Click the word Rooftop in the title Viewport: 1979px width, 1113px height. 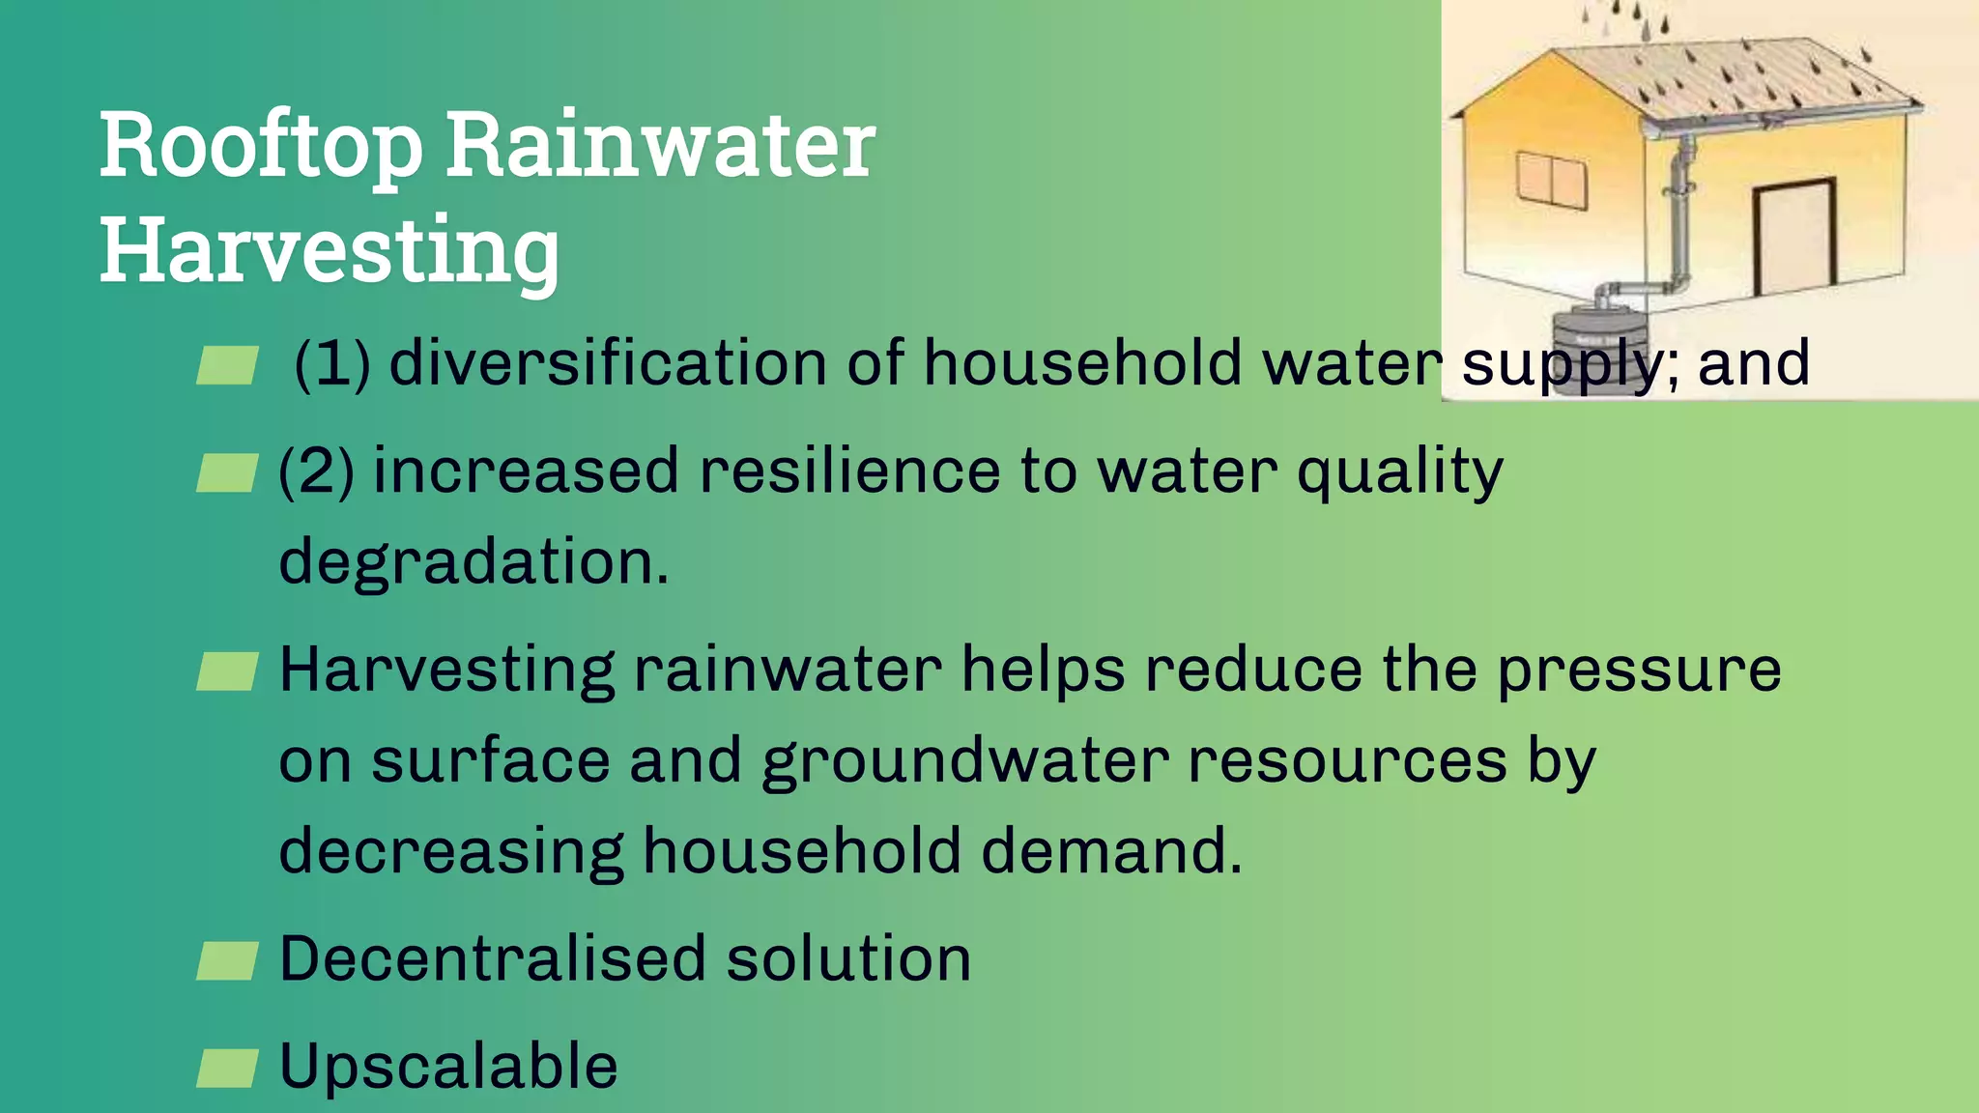click(261, 147)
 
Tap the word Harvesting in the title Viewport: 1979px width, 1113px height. click(330, 251)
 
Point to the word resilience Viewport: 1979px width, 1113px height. click(849, 471)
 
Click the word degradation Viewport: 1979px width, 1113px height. click(473, 561)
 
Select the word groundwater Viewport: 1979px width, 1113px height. click(965, 761)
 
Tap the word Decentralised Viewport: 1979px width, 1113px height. click(493, 959)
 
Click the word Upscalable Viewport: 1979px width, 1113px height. click(448, 1066)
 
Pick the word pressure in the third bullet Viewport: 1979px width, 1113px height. click(1639, 670)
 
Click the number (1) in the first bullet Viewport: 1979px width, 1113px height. click(332, 364)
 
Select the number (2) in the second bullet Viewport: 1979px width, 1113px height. click(316, 471)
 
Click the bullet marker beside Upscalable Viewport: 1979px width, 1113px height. click(227, 1068)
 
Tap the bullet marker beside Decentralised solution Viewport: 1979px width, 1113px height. click(227, 961)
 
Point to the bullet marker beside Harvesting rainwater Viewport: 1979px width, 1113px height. click(227, 671)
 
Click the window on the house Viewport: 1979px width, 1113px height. click(1551, 181)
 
